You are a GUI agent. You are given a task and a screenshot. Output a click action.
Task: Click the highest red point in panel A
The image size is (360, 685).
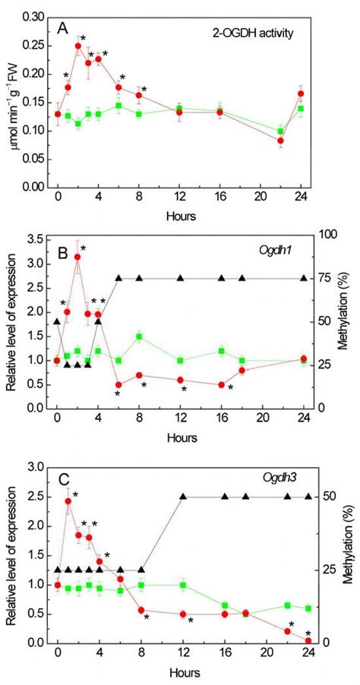(78, 46)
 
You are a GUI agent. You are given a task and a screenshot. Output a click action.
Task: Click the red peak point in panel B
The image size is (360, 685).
(77, 257)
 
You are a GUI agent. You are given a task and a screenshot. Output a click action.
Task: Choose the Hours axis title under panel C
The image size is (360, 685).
(180, 674)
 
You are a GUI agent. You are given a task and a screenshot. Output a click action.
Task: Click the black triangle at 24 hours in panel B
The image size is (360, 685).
(302, 278)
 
